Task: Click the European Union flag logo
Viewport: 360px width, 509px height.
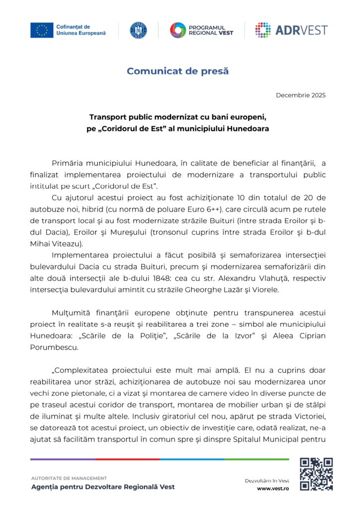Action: tap(41, 30)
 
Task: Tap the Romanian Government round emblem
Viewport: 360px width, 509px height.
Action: tap(138, 30)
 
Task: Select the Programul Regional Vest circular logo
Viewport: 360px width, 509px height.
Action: tap(178, 30)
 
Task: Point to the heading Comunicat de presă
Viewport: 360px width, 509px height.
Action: tap(178, 71)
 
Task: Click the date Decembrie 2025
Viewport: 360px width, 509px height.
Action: tap(301, 95)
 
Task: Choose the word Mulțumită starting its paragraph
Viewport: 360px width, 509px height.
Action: tap(70, 312)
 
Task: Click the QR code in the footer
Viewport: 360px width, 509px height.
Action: tap(316, 474)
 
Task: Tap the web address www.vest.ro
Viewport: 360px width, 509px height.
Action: tap(273, 489)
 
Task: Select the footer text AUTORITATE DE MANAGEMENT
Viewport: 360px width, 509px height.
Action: tap(69, 478)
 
